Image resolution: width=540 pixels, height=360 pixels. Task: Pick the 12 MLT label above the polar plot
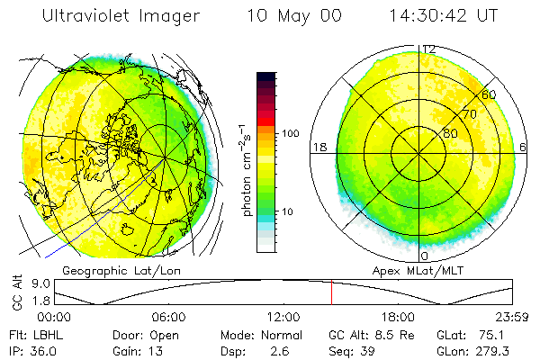click(x=428, y=49)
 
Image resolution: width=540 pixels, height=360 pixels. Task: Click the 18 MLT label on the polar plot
click(x=318, y=147)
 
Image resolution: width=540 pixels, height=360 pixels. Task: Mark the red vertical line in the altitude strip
click(x=331, y=292)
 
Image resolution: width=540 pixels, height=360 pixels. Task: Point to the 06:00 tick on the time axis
click(x=168, y=318)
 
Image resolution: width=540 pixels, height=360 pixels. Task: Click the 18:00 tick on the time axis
click(x=398, y=318)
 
